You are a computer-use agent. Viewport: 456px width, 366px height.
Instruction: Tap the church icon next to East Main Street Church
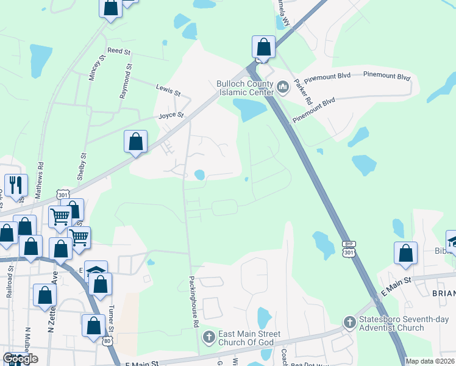[208, 337]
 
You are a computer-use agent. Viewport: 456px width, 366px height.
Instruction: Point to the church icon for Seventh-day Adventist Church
[349, 321]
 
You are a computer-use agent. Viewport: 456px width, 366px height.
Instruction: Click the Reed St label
[119, 51]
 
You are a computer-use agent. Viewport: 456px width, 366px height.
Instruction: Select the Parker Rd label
[302, 91]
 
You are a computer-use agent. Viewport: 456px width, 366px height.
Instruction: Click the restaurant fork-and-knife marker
[15, 185]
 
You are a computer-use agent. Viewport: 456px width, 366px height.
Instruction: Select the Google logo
[20, 359]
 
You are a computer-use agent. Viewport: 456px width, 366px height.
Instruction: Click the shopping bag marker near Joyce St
[136, 142]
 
